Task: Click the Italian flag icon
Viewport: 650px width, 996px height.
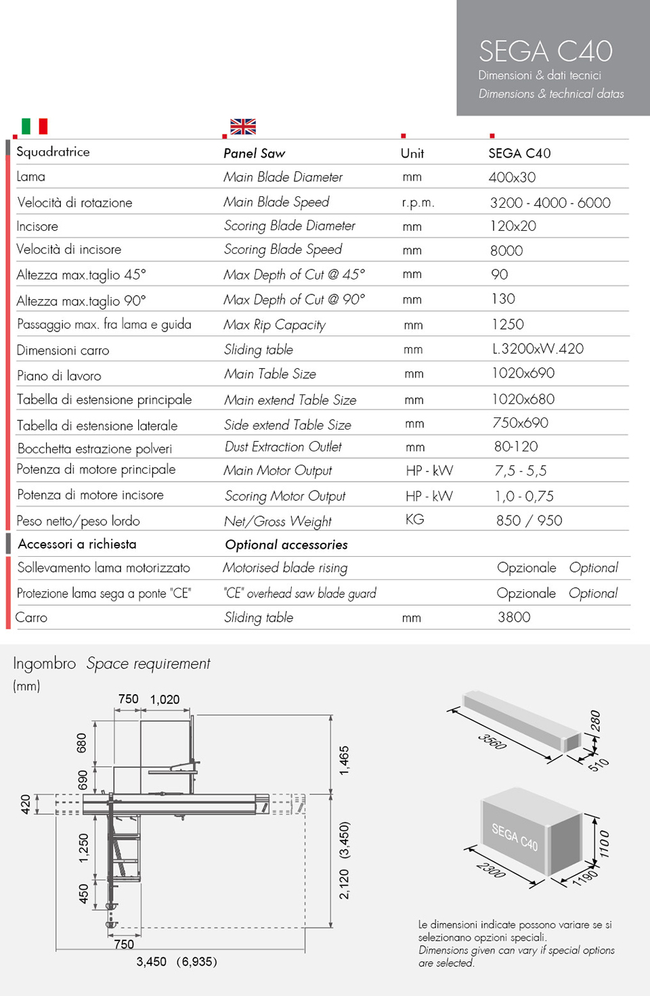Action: [35, 126]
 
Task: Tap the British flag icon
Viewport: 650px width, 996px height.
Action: [243, 127]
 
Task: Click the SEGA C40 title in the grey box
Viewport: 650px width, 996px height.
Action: [545, 51]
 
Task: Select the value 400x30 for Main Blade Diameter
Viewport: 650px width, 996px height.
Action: [512, 177]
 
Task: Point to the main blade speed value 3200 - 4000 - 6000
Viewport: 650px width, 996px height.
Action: [550, 202]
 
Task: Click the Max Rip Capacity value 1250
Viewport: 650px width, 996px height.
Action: [508, 324]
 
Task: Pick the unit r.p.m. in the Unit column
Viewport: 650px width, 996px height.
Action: [418, 202]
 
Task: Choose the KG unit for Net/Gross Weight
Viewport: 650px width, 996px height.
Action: [414, 519]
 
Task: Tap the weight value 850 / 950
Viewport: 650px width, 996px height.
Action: [529, 520]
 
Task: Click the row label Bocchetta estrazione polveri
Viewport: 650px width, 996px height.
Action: [95, 449]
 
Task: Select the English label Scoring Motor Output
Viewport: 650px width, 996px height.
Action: [285, 496]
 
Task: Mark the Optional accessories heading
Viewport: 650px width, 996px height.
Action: [286, 545]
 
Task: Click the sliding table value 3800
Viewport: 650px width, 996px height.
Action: [514, 617]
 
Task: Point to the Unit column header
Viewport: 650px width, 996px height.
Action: [412, 154]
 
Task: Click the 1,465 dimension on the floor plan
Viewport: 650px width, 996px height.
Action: [345, 760]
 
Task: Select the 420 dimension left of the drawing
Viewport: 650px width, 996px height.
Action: [26, 804]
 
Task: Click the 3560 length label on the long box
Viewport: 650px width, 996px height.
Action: [492, 741]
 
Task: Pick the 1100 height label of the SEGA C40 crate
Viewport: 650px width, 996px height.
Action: [604, 844]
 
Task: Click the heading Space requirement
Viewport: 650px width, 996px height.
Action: [148, 664]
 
